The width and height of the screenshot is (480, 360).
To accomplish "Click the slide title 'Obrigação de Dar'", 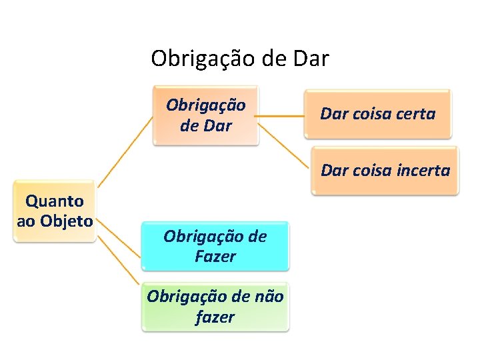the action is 240,59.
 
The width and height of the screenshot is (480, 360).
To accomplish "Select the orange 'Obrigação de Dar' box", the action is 205,115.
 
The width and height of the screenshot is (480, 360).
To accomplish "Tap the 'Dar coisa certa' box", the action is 377,114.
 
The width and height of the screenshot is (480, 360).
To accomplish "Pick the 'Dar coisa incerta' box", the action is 385,170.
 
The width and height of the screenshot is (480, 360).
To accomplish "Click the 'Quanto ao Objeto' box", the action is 55,211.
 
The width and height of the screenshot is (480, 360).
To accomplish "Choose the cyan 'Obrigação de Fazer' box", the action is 215,246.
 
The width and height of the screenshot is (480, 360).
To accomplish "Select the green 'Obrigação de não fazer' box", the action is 215,307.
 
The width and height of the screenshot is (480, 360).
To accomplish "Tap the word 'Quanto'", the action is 55,201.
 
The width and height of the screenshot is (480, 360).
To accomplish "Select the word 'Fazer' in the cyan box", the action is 215,256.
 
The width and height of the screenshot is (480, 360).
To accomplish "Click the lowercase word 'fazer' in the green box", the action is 215,317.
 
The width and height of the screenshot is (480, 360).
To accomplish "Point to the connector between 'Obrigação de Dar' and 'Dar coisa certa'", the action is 281,115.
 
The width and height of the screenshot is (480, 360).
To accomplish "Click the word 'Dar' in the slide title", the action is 311,59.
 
